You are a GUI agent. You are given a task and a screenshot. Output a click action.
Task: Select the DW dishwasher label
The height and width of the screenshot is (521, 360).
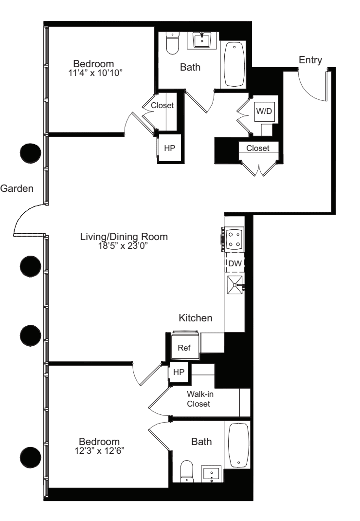[235, 263]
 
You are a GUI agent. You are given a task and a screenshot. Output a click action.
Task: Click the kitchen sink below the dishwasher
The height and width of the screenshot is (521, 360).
[234, 284]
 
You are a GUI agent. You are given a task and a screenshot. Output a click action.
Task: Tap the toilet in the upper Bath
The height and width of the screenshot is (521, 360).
[173, 44]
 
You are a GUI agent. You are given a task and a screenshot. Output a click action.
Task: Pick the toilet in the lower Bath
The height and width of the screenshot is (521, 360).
[187, 471]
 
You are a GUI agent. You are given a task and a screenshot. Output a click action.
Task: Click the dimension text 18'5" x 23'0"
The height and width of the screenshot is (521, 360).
[124, 246]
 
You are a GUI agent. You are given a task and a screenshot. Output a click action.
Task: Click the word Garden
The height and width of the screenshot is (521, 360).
[17, 188]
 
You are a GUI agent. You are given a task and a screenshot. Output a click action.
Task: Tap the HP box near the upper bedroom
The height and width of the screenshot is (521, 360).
[169, 149]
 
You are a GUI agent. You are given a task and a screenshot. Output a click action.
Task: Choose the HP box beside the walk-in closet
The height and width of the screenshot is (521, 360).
[179, 372]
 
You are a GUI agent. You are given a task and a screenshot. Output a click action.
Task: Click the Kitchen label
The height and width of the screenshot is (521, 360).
[196, 318]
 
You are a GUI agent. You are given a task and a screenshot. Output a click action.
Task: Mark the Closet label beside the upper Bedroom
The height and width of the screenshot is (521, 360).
[162, 105]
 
